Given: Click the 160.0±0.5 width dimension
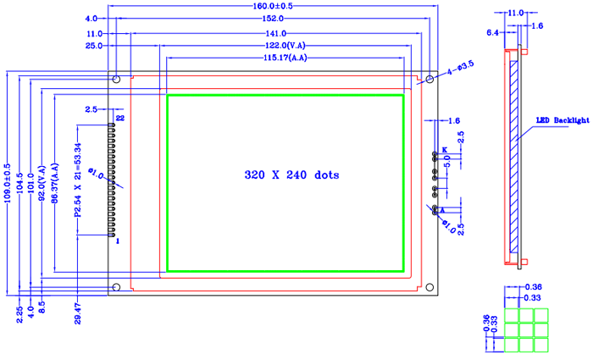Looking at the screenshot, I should (x=269, y=6).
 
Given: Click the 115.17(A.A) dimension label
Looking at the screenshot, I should (x=285, y=58).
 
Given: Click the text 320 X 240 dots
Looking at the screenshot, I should (x=291, y=175).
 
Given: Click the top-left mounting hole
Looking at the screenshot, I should (x=117, y=80).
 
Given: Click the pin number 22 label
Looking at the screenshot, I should (x=120, y=119).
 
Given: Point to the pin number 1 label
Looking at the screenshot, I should (x=118, y=241).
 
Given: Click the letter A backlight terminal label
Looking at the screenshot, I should (x=443, y=208).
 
